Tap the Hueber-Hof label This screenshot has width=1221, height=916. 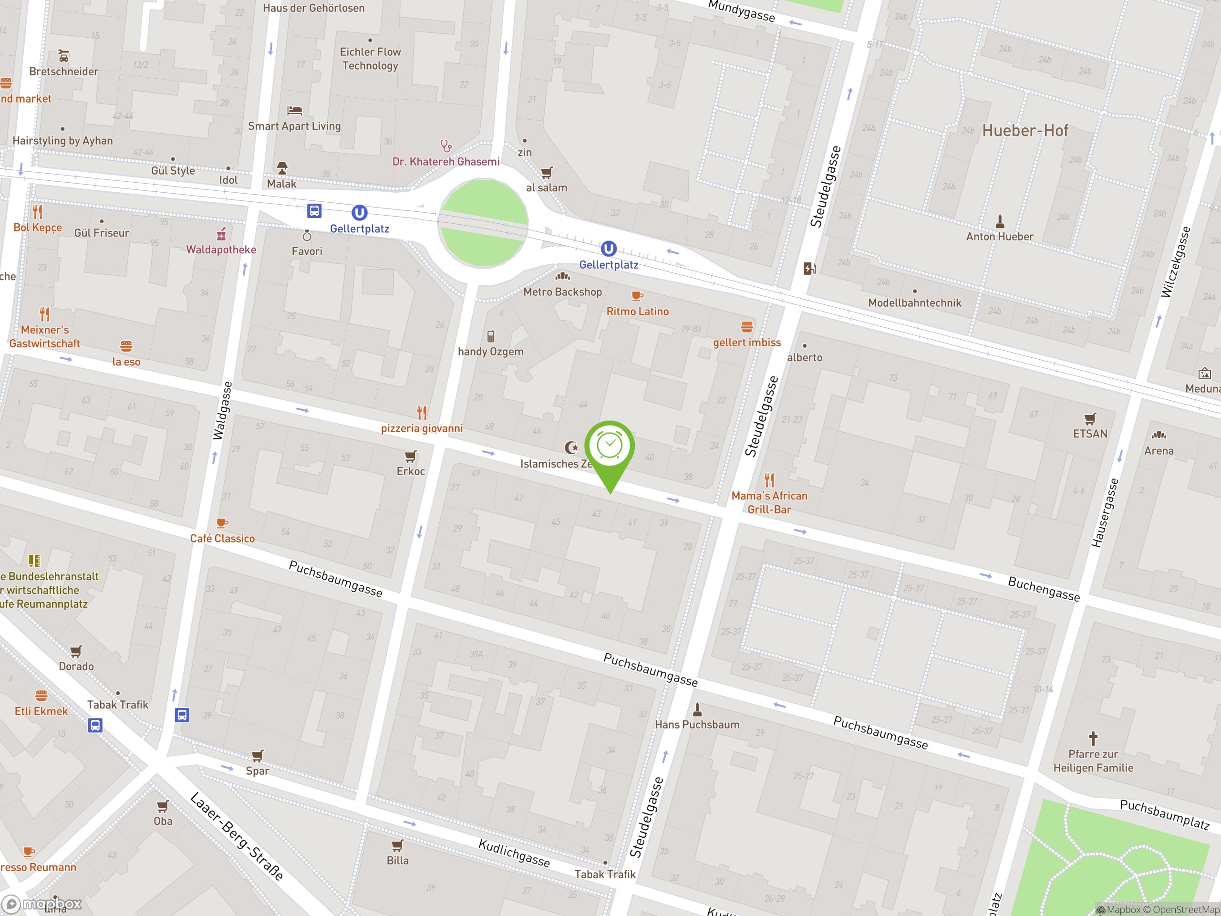pyautogui.click(x=1024, y=131)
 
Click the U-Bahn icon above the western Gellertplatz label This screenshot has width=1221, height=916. pyautogui.click(x=359, y=213)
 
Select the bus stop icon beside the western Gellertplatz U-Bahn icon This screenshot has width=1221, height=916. pyautogui.click(x=314, y=211)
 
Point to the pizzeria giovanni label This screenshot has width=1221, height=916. pyautogui.click(x=422, y=428)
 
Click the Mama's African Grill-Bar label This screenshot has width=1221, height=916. pyautogui.click(x=769, y=502)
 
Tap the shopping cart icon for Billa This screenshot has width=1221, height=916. pyautogui.click(x=397, y=845)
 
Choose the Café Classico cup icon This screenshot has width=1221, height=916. pyautogui.click(x=222, y=523)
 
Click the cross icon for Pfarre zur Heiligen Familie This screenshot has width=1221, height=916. pyautogui.click(x=1092, y=738)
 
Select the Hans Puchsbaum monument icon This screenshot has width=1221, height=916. pyautogui.click(x=697, y=709)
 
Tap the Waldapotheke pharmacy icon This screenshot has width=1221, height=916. pyautogui.click(x=221, y=235)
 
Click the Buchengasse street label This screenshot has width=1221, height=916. pyautogui.click(x=1043, y=589)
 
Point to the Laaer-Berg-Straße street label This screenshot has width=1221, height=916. pyautogui.click(x=237, y=836)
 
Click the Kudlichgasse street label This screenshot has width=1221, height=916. pyautogui.click(x=514, y=853)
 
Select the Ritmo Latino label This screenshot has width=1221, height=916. pyautogui.click(x=638, y=312)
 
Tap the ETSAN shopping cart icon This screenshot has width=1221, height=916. pyautogui.click(x=1090, y=418)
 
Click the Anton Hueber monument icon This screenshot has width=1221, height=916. pyautogui.click(x=1000, y=222)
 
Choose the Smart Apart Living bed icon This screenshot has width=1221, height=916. pyautogui.click(x=295, y=111)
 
